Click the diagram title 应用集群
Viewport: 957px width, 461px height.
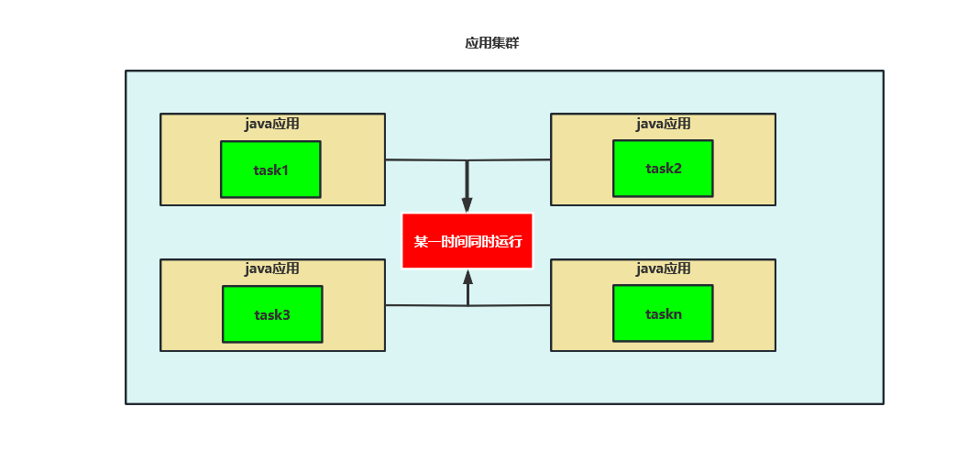(x=492, y=43)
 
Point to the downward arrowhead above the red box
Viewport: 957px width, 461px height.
(x=467, y=205)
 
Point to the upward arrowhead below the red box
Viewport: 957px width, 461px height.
(x=467, y=277)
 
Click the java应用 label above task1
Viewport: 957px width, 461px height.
(x=272, y=124)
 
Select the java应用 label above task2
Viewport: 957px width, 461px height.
(x=664, y=124)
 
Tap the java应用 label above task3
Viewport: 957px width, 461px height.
(x=272, y=269)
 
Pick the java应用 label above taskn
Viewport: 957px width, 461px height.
(x=664, y=269)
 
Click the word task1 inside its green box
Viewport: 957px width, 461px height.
(x=271, y=170)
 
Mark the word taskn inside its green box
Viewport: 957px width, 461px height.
(x=663, y=313)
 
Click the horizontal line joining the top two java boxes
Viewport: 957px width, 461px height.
(x=422, y=160)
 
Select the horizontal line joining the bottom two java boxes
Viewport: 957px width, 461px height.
(x=422, y=305)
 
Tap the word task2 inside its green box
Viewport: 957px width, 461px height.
(x=664, y=169)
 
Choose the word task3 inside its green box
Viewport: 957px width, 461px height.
(x=272, y=315)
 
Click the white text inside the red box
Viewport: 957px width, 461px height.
(x=467, y=242)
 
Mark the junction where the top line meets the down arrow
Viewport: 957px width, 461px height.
(x=467, y=160)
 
